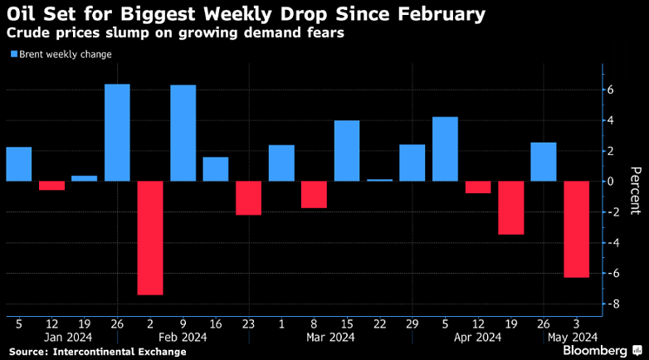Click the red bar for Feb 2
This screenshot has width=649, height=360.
150,237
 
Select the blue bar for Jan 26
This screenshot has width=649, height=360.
117,133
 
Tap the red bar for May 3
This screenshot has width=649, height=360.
576,229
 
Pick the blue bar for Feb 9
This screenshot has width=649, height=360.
183,133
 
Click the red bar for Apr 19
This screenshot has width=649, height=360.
510,207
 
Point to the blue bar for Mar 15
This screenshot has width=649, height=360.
347,151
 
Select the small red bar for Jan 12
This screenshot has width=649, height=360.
51,186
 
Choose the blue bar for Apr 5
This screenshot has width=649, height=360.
445,149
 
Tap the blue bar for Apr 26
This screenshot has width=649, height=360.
544,162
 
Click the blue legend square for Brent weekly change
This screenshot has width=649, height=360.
13,55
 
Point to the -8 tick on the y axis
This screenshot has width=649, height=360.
612,304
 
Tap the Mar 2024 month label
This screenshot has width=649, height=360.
330,337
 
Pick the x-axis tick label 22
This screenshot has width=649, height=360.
379,324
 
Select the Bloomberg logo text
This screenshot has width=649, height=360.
595,350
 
